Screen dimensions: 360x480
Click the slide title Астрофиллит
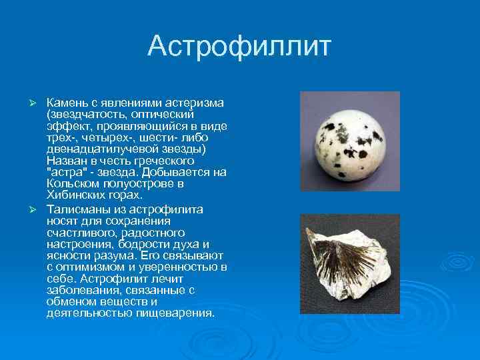coord(239,47)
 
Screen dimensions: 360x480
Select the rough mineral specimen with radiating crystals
coord(340,263)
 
